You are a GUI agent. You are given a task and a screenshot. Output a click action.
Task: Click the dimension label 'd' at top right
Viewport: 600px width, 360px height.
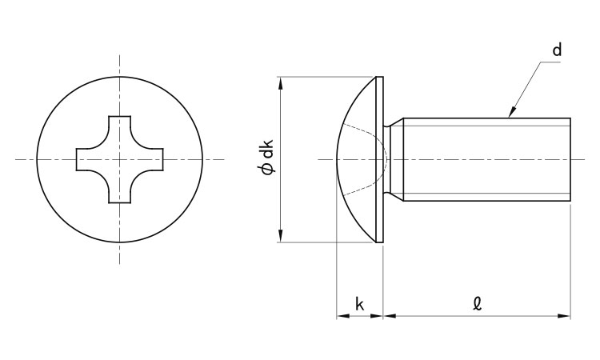(557, 50)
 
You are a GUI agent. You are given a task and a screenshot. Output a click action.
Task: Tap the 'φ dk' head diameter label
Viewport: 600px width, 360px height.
(267, 158)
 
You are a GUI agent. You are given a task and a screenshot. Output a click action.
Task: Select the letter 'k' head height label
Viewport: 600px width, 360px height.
(359, 305)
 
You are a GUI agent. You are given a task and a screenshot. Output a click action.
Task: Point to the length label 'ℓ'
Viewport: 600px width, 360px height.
(477, 304)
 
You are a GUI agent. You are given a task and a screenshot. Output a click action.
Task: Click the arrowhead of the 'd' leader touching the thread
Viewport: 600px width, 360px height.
(512, 112)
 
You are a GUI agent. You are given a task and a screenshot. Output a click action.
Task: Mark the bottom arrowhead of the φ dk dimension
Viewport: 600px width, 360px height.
(281, 236)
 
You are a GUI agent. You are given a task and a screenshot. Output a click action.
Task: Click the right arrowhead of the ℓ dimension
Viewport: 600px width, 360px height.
(564, 316)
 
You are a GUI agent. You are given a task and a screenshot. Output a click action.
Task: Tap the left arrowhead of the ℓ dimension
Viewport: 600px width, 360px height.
(390, 316)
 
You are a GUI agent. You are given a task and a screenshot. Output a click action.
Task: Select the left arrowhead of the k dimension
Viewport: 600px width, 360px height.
(343, 316)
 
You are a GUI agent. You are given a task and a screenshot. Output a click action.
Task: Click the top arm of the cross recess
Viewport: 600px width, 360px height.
(119, 128)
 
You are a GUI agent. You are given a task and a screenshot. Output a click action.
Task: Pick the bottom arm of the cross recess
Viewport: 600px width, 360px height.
(119, 190)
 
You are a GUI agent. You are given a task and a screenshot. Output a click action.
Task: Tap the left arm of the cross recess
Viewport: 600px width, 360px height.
(89, 159)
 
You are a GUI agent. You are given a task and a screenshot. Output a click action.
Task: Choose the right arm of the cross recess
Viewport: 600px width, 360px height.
(150, 159)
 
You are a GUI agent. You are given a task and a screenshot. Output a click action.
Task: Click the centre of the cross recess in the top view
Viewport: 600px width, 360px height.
(119, 159)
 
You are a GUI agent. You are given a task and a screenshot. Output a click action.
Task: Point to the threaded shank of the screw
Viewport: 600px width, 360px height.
(486, 159)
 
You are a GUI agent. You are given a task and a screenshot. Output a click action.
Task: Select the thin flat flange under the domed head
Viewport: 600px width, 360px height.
(379, 159)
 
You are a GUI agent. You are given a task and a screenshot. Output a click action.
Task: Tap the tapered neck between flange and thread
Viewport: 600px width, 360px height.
(393, 159)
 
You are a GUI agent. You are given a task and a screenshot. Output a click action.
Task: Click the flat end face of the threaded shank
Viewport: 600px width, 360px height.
(570, 159)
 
